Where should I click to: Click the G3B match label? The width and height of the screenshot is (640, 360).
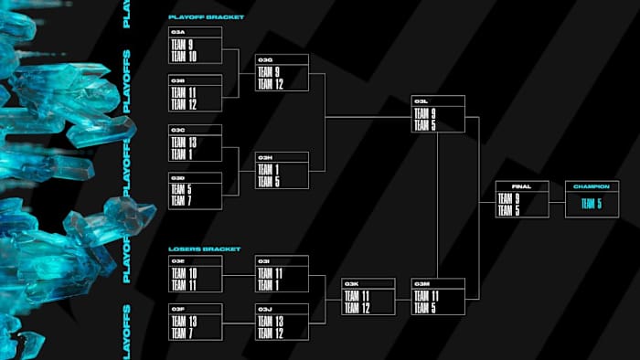coord(178,80)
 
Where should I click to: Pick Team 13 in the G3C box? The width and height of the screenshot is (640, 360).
coord(183,143)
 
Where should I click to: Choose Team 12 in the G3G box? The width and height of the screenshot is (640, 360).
coord(271,83)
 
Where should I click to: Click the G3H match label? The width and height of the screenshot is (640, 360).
coord(265,157)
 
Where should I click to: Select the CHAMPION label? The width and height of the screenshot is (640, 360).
coord(591,186)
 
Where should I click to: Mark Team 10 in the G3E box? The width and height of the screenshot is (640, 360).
coord(183,273)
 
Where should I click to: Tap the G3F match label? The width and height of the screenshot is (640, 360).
coord(178,310)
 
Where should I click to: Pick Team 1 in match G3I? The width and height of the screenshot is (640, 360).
coord(269,284)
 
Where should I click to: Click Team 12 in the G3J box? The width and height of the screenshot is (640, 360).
coord(271,333)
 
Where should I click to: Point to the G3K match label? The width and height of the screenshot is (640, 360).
coord(352,284)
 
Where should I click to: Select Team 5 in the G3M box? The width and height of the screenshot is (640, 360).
coord(425,307)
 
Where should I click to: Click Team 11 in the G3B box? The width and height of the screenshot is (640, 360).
coord(183,93)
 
